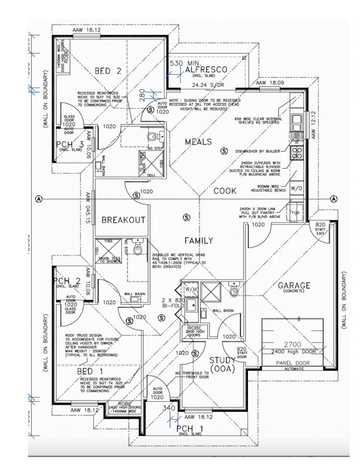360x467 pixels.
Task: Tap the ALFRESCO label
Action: click(x=207, y=69)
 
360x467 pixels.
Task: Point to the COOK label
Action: click(x=225, y=191)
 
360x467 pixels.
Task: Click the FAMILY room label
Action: click(x=199, y=240)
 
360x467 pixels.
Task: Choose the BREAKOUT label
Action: click(x=123, y=220)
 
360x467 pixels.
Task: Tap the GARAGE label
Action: click(x=294, y=286)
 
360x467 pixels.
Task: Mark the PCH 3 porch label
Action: click(x=70, y=144)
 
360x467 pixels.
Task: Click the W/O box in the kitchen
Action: click(x=297, y=188)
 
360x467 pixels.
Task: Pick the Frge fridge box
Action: click(x=295, y=212)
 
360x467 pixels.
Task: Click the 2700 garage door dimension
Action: click(x=292, y=344)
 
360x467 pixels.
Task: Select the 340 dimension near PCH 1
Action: click(x=169, y=408)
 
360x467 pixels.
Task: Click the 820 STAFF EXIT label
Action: click(x=320, y=228)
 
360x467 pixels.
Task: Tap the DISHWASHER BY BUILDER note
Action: click(x=257, y=151)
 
